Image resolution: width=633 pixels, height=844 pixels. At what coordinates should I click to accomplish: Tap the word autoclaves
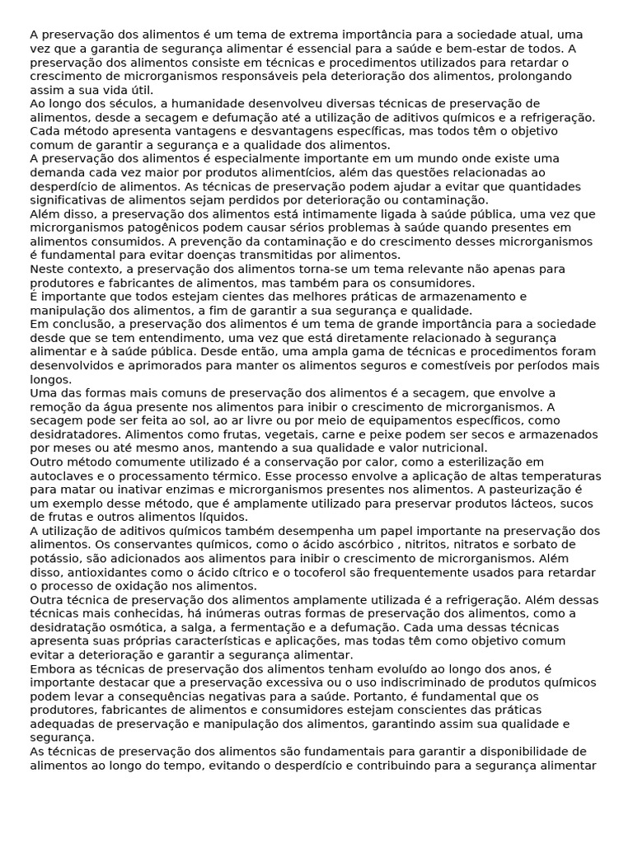(x=61, y=476)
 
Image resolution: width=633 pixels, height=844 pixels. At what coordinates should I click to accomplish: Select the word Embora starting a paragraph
(x=50, y=668)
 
